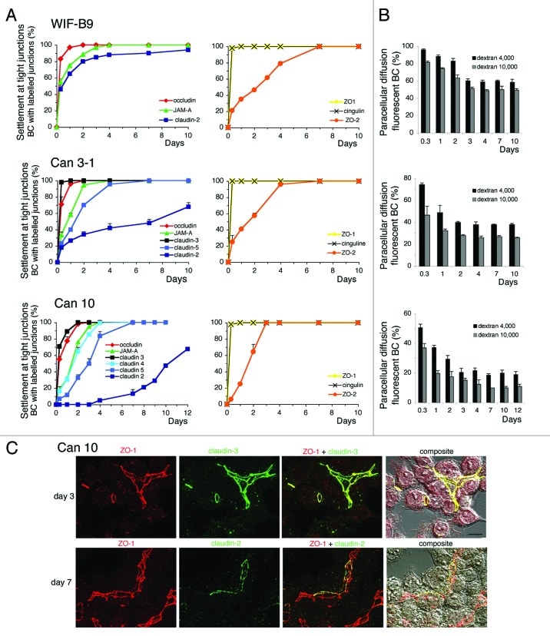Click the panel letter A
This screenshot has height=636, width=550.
point(10,11)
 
